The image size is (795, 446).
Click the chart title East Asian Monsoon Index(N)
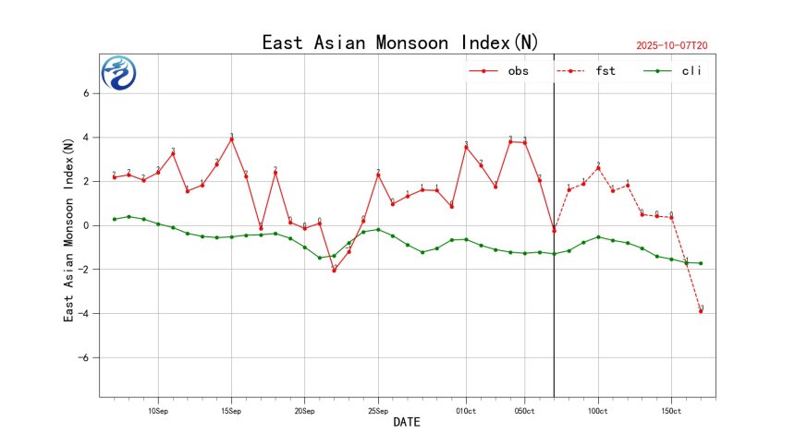click(399, 42)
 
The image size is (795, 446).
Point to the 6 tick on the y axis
click(85, 93)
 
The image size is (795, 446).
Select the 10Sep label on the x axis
click(158, 410)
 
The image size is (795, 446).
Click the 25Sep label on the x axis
click(378, 410)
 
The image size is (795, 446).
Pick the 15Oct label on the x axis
click(671, 410)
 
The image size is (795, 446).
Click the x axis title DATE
click(407, 422)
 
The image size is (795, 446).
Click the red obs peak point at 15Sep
click(232, 139)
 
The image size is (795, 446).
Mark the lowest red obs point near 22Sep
click(335, 271)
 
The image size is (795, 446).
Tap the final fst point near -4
click(701, 311)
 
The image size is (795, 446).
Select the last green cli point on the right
click(701, 263)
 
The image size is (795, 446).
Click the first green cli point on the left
click(115, 219)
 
